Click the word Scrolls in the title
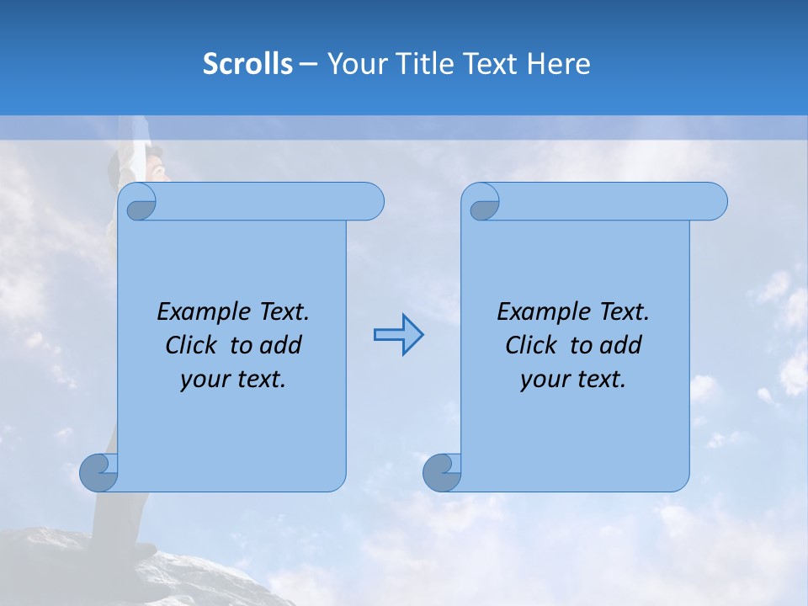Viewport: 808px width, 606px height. (247, 64)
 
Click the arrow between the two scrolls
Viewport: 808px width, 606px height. (398, 335)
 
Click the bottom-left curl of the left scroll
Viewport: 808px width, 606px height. (99, 472)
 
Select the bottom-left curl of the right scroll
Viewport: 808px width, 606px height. (442, 472)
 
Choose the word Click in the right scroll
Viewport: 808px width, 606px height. (530, 345)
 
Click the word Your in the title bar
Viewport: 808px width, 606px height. (351, 64)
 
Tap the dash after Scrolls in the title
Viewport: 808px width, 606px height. (308, 64)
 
